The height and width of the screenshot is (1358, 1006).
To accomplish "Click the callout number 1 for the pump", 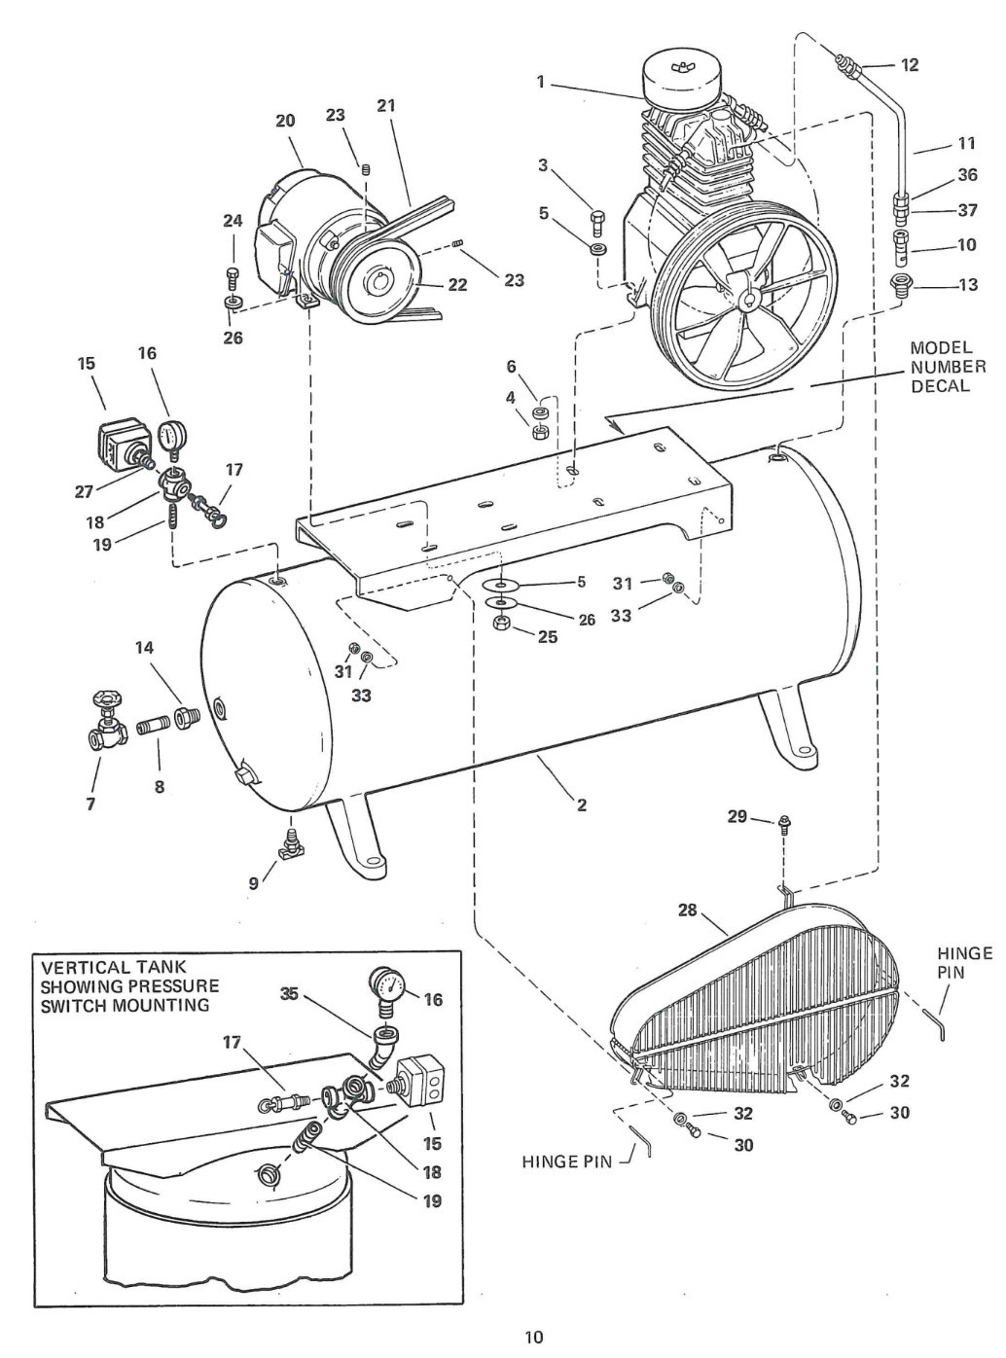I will (540, 83).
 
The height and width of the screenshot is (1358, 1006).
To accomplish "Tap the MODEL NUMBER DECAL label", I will (947, 367).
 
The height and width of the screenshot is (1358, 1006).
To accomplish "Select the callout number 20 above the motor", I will (285, 121).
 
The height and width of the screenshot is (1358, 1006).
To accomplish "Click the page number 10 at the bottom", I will (533, 1337).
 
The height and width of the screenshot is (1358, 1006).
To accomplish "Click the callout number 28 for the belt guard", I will (687, 911).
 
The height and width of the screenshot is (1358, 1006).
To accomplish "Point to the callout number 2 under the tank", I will (582, 804).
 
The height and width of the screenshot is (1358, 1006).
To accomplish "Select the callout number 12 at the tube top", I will (910, 65).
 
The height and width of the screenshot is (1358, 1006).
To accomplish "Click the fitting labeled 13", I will (904, 286).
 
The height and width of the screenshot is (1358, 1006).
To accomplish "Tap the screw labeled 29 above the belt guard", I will (782, 822).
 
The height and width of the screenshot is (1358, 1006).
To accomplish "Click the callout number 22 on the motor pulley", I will (456, 285).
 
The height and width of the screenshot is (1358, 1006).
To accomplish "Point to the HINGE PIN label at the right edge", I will (964, 962).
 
